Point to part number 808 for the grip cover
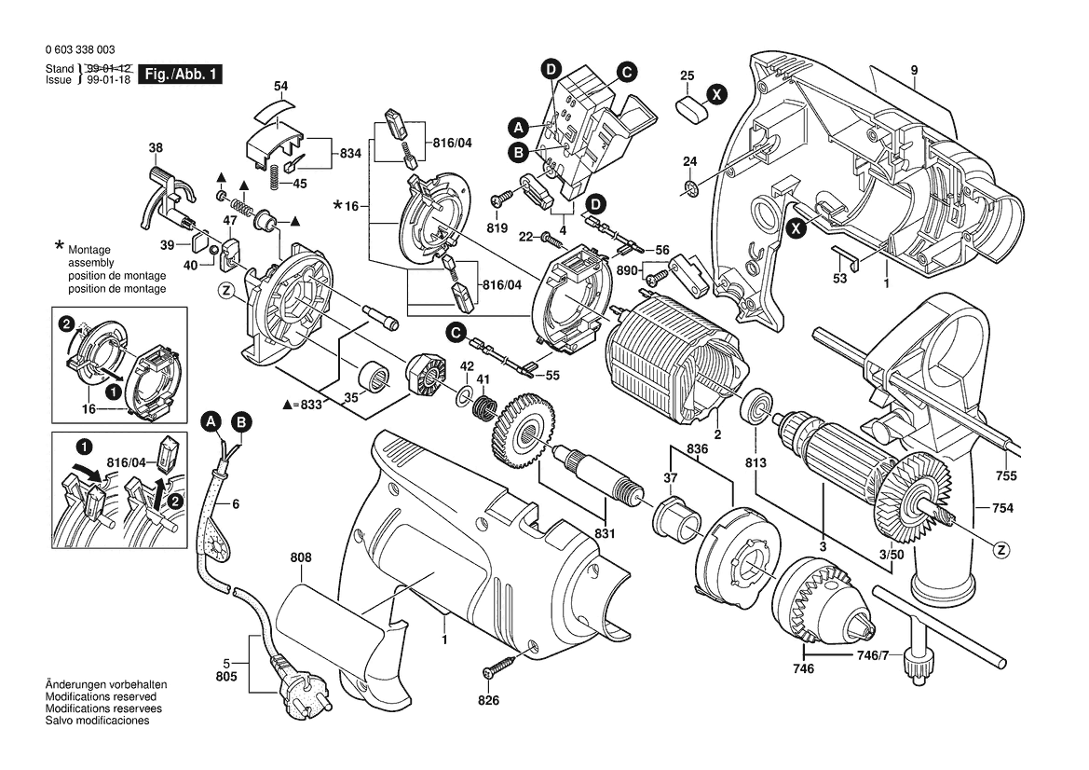[301, 558]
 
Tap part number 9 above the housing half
[915, 71]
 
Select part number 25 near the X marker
[687, 75]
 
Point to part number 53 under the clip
[840, 279]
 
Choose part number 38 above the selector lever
[156, 147]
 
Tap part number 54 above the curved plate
[280, 87]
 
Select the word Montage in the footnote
[89, 252]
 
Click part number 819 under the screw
[496, 228]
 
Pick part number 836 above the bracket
[698, 448]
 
